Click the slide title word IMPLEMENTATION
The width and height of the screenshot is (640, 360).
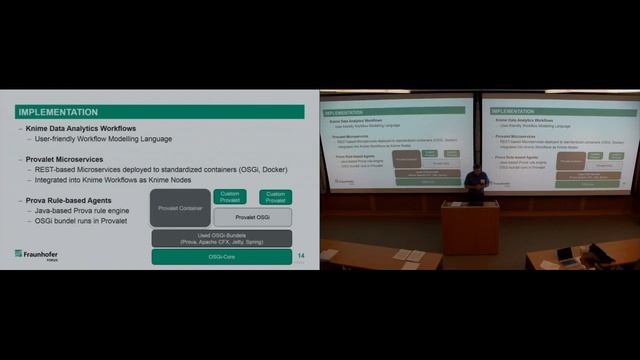tap(58, 112)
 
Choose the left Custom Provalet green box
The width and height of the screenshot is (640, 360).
tap(230, 197)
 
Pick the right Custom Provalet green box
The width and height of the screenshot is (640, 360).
tap(275, 197)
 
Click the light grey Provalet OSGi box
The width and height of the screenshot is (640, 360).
tap(251, 217)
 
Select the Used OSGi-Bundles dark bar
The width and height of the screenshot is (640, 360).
tap(221, 238)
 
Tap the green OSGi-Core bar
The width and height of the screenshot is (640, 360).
tap(221, 257)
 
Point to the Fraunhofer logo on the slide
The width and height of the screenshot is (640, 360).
tap(37, 254)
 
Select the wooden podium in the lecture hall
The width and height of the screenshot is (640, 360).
tap(469, 228)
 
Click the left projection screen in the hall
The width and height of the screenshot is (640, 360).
tap(397, 140)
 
